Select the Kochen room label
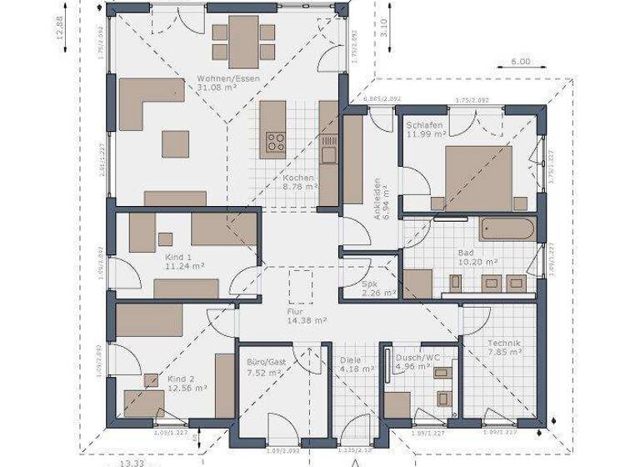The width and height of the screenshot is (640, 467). click(x=297, y=178)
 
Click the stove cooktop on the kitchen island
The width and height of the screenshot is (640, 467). click(x=275, y=142)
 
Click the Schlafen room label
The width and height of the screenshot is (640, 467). click(x=425, y=124)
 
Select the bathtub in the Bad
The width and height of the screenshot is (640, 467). click(x=507, y=228)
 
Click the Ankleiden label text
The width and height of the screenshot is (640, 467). click(x=377, y=198)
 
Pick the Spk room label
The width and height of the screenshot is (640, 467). click(x=370, y=284)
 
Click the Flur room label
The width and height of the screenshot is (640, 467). click(x=297, y=311)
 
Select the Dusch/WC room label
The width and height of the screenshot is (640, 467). click(x=419, y=357)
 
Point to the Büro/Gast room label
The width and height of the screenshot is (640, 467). click(x=267, y=362)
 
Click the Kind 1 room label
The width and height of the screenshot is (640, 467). click(x=178, y=258)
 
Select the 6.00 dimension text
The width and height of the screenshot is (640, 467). click(x=520, y=61)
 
